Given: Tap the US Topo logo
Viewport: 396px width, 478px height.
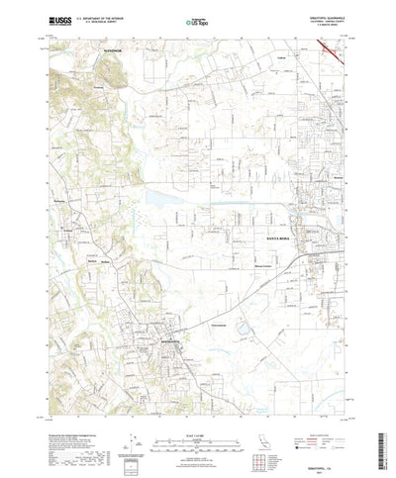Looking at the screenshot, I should [x=198, y=20].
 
